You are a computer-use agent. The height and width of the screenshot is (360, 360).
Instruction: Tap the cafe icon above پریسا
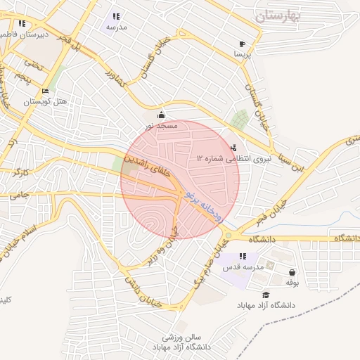point(242,44)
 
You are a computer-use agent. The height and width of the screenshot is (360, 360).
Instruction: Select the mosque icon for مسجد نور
point(162,115)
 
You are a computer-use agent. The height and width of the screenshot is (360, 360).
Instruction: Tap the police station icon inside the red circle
point(233,148)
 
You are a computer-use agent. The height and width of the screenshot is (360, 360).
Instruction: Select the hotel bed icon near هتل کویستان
point(45,91)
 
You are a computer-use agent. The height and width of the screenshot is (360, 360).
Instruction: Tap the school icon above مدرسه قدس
point(243,257)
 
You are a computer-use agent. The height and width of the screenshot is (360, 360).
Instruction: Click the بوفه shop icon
point(292,272)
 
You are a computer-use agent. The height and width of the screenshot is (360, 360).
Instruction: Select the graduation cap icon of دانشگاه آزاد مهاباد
point(266,295)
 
